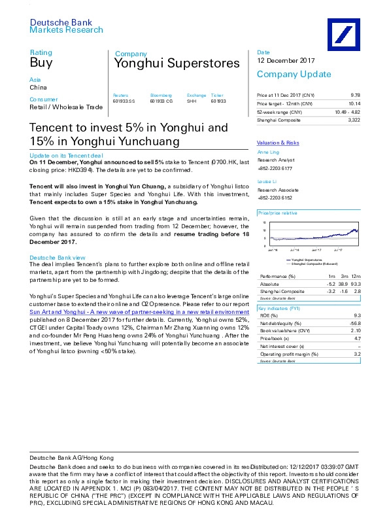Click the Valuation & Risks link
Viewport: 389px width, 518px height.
coord(278,142)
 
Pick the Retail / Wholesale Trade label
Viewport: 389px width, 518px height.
coord(67,107)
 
